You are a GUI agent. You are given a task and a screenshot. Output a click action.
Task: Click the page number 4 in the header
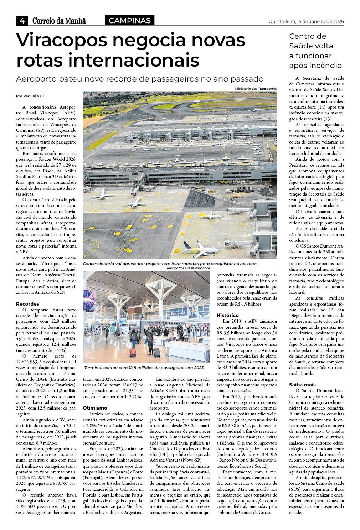pyautogui.click(x=22, y=21)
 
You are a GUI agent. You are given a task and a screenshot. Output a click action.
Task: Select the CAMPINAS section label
pyautogui.click(x=129, y=21)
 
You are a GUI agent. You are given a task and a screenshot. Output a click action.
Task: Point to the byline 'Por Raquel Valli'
pyautogui.click(x=30, y=96)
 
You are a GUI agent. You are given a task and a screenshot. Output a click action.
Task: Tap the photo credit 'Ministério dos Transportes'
pyautogui.click(x=256, y=89)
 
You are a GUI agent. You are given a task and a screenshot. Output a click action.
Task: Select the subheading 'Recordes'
pyautogui.click(x=27, y=304)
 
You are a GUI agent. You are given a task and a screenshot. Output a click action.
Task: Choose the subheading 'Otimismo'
pyautogui.click(x=95, y=407)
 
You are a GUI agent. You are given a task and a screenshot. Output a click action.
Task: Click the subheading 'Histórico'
pyautogui.click(x=228, y=315)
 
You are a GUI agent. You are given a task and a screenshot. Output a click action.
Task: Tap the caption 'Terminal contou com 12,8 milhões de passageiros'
pyautogui.click(x=144, y=368)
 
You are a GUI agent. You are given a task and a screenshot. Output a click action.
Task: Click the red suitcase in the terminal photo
pyautogui.click(x=133, y=352)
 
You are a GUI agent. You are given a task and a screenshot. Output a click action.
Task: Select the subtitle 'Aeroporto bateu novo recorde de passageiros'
pyautogui.click(x=139, y=79)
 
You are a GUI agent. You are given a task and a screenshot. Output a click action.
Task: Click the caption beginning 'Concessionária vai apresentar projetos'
pyautogui.click(x=170, y=264)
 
